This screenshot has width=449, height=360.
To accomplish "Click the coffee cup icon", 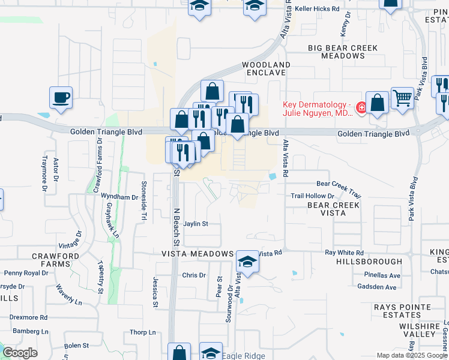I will (x=61, y=98).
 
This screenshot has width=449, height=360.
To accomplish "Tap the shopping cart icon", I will (x=403, y=98).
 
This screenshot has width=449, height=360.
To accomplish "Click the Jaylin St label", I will (x=196, y=224).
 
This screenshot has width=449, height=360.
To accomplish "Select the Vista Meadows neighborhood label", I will (x=197, y=254).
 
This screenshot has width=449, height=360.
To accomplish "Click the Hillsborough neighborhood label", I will (x=369, y=262).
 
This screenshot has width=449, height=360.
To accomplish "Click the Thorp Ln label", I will (x=143, y=332).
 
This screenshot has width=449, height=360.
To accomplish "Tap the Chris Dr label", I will (x=193, y=275).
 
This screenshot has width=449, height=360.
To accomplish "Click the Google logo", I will (x=20, y=352).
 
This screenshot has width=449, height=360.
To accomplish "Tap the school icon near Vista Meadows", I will (x=247, y=262).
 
